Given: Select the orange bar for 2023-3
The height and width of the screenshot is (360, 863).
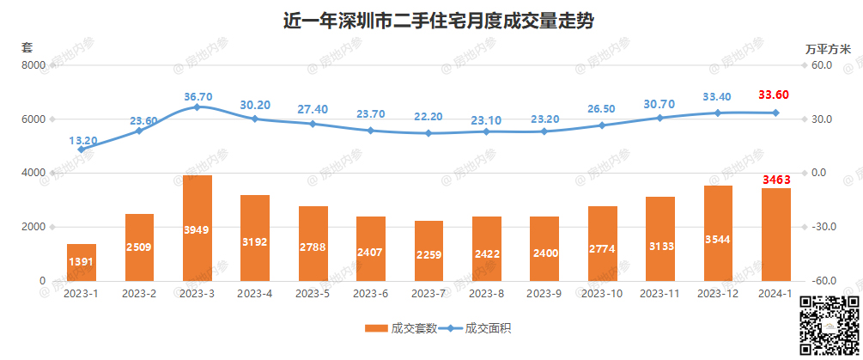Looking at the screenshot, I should pyautogui.click(x=198, y=228).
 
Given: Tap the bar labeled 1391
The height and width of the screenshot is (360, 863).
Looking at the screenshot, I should pyautogui.click(x=82, y=262).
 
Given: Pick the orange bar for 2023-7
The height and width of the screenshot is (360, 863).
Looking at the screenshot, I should pyautogui.click(x=428, y=250).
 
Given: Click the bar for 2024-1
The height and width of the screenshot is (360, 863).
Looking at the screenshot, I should pyautogui.click(x=776, y=235).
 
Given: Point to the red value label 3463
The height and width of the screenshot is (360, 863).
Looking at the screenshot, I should pyautogui.click(x=776, y=180).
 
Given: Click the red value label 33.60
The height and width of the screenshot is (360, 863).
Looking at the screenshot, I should pyautogui.click(x=776, y=95).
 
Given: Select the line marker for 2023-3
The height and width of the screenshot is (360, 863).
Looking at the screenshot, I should pyautogui.click(x=198, y=107).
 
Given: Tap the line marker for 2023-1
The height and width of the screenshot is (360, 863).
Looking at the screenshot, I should pyautogui.click(x=82, y=149).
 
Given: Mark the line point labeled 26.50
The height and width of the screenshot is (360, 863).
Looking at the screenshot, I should pyautogui.click(x=602, y=125).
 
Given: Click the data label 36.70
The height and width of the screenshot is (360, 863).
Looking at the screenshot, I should pyautogui.click(x=198, y=96).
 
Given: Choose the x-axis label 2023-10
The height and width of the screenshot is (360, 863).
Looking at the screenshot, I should pyautogui.click(x=602, y=294).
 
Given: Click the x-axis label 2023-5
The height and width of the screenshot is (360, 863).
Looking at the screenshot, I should pyautogui.click(x=313, y=294).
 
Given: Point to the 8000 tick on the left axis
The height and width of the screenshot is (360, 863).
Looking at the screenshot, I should pyautogui.click(x=33, y=65).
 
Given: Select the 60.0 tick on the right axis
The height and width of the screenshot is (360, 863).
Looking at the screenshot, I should pyautogui.click(x=822, y=65).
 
